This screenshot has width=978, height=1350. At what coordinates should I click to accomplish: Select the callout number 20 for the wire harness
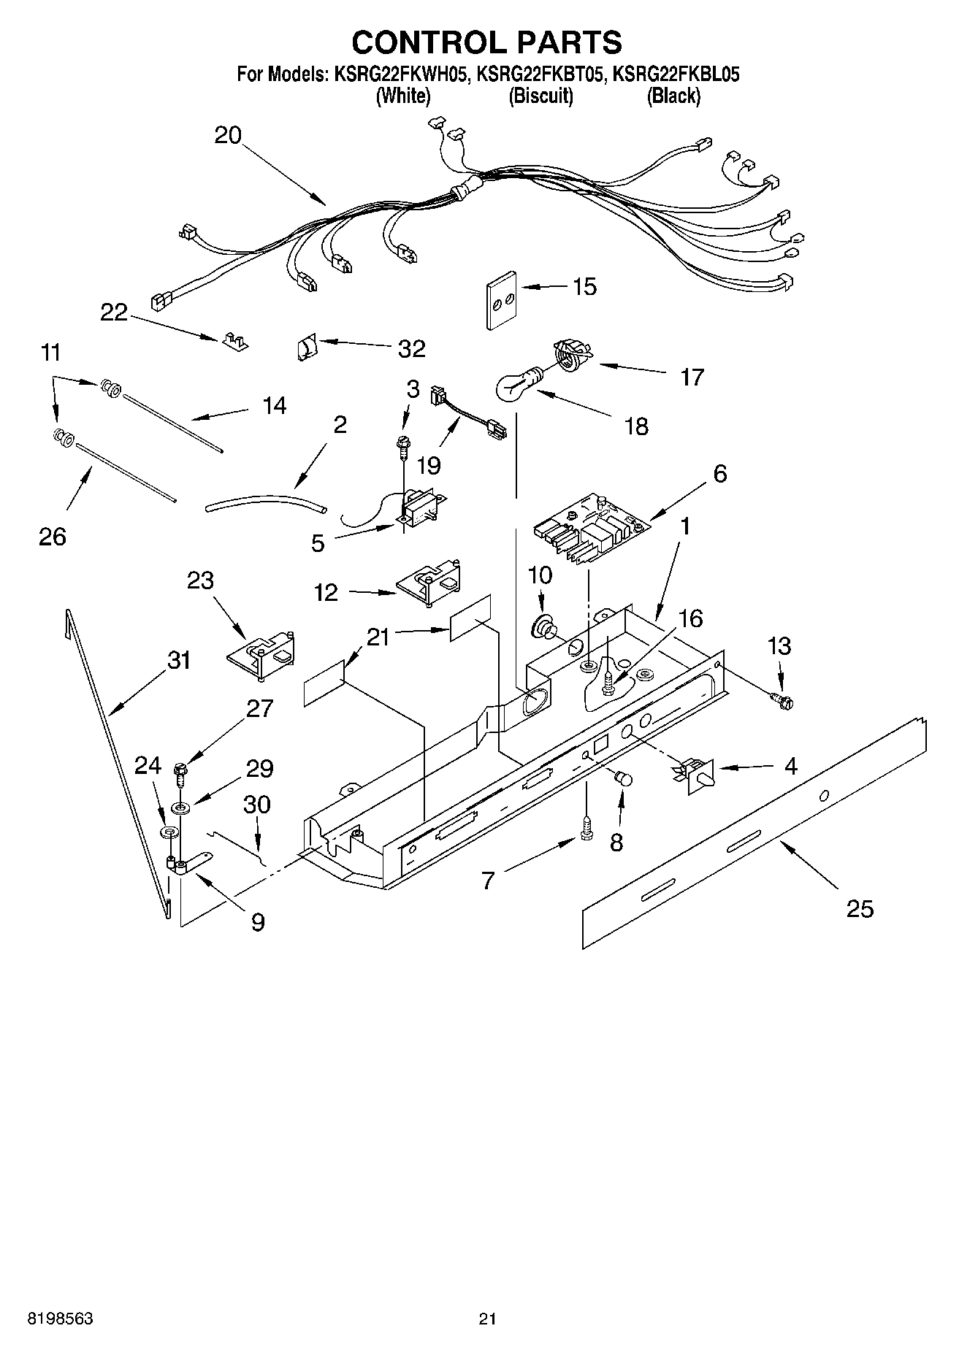point(228,136)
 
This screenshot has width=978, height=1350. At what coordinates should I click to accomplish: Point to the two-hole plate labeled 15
point(500,299)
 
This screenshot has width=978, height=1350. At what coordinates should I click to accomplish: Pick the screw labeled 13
point(784,701)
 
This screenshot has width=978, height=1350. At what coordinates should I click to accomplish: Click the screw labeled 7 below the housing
point(586,829)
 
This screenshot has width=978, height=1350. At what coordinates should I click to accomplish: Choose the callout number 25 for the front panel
point(859,908)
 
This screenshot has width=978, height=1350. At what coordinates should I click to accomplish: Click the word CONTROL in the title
point(419,42)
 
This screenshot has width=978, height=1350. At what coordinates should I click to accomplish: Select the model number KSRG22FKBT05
point(541,74)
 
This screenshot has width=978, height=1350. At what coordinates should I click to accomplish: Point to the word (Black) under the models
point(673,96)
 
